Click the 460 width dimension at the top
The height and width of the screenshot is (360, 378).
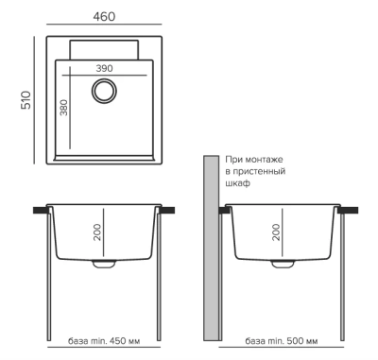click(104, 16)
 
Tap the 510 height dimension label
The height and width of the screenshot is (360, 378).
click(26, 100)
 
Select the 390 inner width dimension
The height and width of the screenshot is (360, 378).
click(104, 68)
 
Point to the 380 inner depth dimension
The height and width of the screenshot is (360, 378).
click(64, 108)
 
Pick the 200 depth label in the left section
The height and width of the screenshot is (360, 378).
click(97, 232)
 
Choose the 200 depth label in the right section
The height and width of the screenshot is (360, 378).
click(276, 232)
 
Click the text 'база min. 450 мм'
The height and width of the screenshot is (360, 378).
click(104, 341)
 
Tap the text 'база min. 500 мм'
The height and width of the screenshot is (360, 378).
click(282, 341)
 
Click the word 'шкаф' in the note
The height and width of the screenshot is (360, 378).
click(238, 183)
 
